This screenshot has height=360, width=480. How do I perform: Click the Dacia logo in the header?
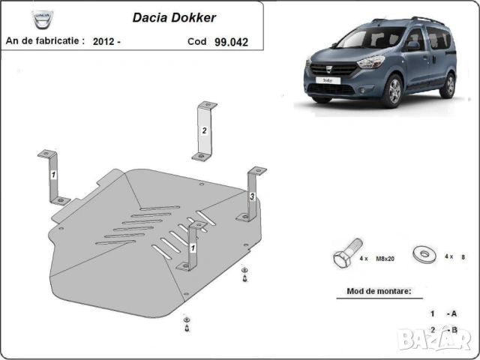pos(43,17)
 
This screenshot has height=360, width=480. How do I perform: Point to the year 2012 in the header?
pos(103,42)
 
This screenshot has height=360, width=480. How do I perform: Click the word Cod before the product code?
pos(197,42)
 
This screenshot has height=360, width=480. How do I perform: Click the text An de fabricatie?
pos(45,42)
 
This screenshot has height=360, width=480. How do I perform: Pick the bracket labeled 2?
pos(203,130)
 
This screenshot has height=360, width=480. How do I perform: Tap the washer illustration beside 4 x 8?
pos(425,253)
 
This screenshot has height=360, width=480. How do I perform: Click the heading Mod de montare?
pos(379,291)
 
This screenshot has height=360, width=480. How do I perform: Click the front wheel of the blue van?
pos(391,92)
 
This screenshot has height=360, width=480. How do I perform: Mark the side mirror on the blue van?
pos(412,46)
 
